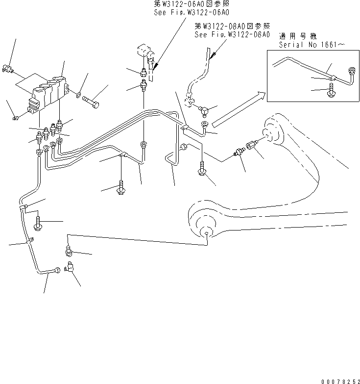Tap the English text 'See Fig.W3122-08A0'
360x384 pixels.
coord(232,35)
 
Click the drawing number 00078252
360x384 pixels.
coord(338,378)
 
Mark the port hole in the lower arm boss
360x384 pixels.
coord(208,234)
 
